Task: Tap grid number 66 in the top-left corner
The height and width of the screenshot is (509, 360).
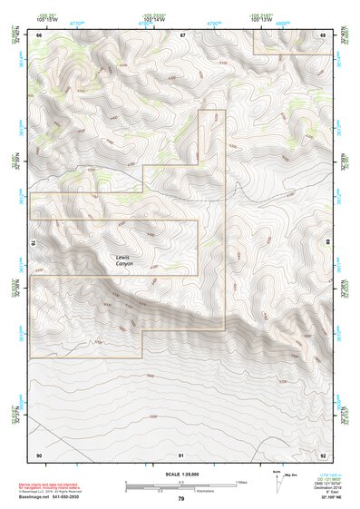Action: coord(39,35)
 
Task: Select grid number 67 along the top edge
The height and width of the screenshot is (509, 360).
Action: coord(182,35)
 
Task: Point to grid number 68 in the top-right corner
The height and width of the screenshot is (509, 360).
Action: coord(323,35)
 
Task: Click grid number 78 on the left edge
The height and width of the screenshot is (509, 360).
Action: coord(33,243)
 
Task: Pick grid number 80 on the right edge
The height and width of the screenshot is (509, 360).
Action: coord(328,243)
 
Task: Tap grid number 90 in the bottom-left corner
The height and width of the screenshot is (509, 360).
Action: coord(39,454)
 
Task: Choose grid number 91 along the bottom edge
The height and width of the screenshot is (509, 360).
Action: coord(181,454)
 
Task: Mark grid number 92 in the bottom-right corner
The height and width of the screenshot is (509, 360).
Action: coord(323,454)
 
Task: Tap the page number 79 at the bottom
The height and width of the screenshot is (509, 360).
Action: coord(180,499)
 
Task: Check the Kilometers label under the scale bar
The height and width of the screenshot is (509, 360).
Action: coord(182,492)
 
